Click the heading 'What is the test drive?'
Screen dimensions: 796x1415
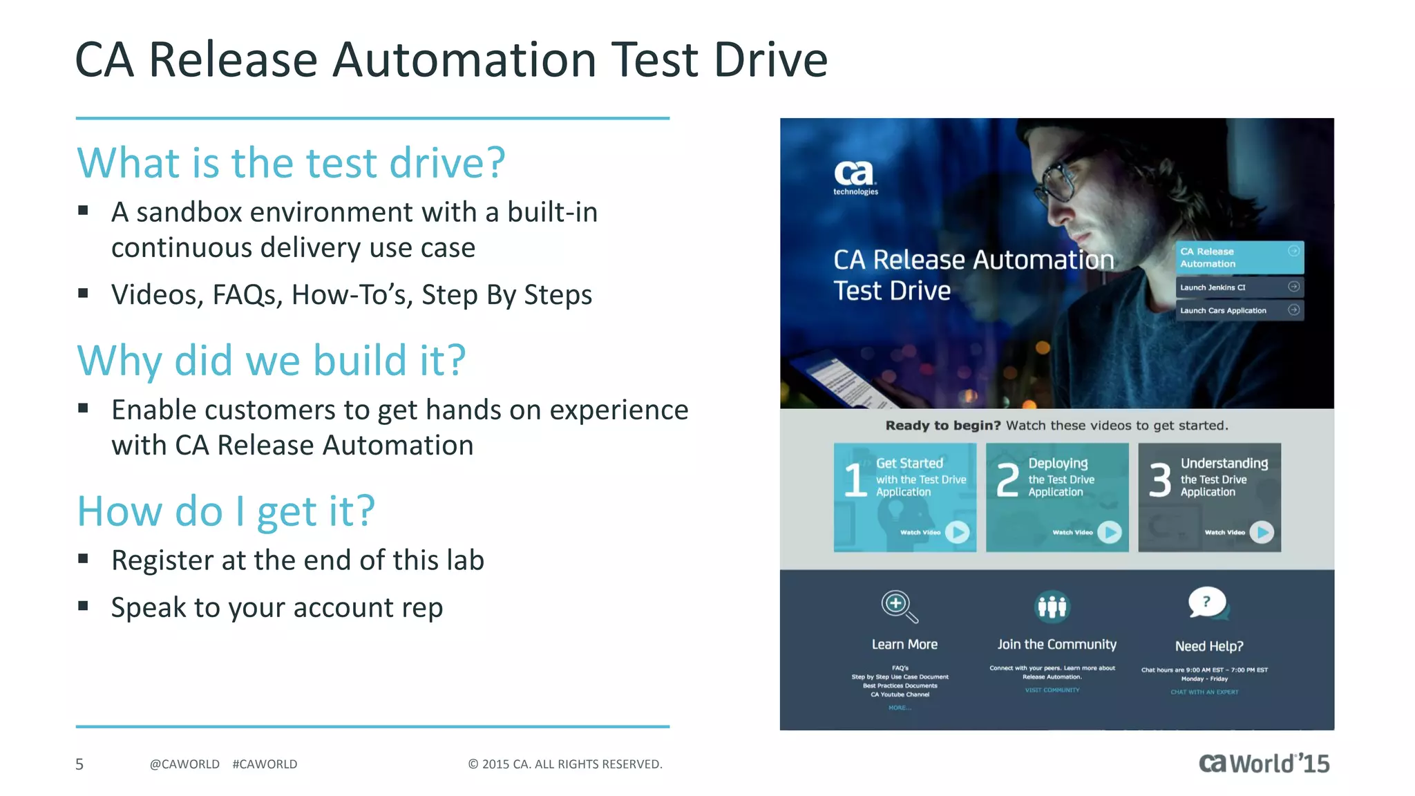pyautogui.click(x=291, y=163)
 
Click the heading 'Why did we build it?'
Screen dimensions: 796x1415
pyautogui.click(x=272, y=361)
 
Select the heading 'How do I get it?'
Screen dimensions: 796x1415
pyautogui.click(x=226, y=511)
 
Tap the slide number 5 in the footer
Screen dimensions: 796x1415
pyautogui.click(x=79, y=764)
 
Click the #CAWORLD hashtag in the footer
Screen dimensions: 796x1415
pyautogui.click(x=265, y=764)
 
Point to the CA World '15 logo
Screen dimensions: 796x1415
pyautogui.click(x=1264, y=763)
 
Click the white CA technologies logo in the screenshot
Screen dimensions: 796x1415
pyautogui.click(x=855, y=177)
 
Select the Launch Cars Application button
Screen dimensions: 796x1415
pyautogui.click(x=1239, y=310)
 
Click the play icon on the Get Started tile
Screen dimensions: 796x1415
pyautogui.click(x=957, y=531)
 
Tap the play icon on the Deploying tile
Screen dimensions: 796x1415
pyautogui.click(x=1109, y=531)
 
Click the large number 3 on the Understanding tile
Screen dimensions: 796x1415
pyautogui.click(x=1160, y=480)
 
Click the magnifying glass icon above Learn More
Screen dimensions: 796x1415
pyautogui.click(x=899, y=606)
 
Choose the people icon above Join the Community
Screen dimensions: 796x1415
pyautogui.click(x=1052, y=606)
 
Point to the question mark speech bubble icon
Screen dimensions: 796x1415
pyautogui.click(x=1206, y=603)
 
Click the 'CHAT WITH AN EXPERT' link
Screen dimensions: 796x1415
pyautogui.click(x=1204, y=692)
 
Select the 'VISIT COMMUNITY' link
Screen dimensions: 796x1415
pyautogui.click(x=1052, y=690)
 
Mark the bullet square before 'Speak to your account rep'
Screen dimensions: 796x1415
pyautogui.click(x=84, y=606)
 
